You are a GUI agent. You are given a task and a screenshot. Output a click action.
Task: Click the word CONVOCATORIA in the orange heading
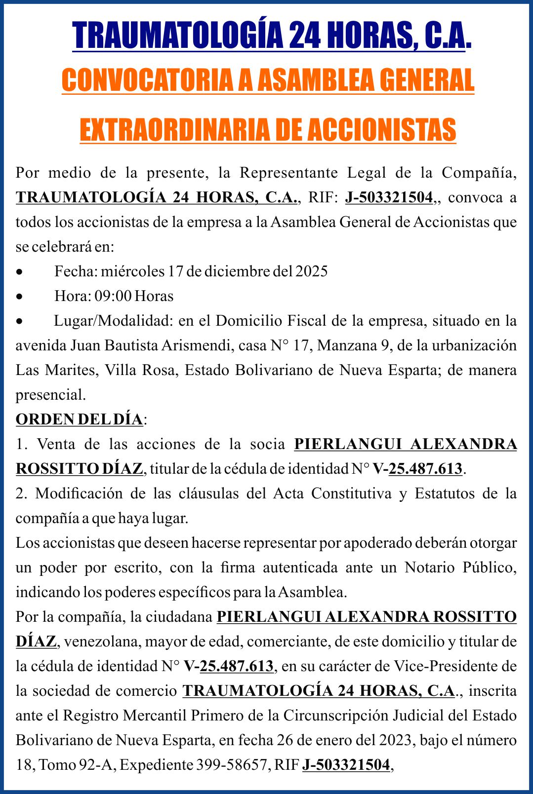tap(147, 80)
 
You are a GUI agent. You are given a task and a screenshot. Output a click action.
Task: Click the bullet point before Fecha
tap(19, 272)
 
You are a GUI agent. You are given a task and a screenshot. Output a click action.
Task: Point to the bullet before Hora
tap(19, 297)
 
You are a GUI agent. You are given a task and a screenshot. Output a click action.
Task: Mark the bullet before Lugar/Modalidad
tap(19, 321)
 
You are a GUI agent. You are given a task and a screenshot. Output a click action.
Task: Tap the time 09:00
tap(113, 296)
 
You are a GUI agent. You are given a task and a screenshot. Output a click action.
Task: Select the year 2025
tap(311, 271)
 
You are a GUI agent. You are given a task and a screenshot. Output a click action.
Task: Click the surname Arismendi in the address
tap(197, 345)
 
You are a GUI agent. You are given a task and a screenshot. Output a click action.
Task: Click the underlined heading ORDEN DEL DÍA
tap(79, 419)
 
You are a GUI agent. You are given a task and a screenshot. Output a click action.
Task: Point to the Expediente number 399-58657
tap(232, 765)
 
